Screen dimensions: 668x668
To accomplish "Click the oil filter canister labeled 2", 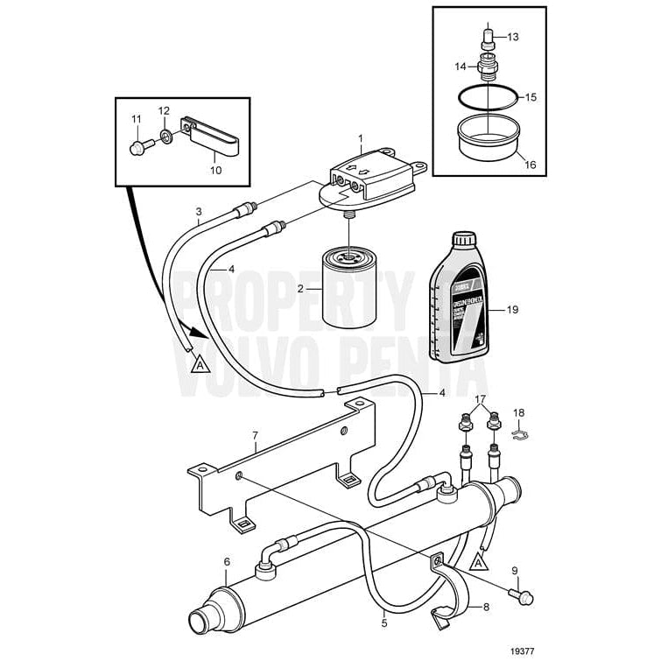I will click(348, 290).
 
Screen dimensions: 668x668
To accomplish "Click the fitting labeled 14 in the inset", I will click(488, 67).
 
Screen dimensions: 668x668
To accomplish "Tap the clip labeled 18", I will click(517, 431).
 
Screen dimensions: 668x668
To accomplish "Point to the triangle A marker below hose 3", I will click(199, 363).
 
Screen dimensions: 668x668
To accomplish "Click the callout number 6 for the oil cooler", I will click(227, 562).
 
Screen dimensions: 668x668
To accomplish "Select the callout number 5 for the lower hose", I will click(384, 623).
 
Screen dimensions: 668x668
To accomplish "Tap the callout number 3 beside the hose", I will click(199, 212).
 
